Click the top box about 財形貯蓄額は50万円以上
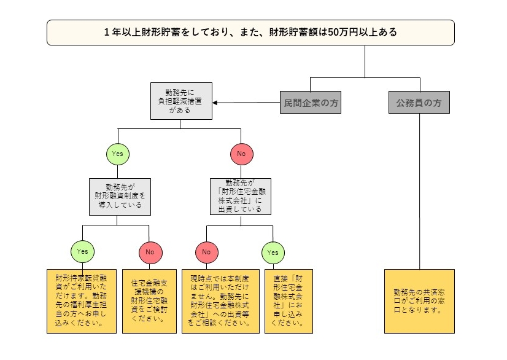(250, 33)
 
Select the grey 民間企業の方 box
(309, 103)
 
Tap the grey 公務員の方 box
(419, 103)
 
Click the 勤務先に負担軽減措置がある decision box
(181, 101)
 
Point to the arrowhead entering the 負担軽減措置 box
(216, 103)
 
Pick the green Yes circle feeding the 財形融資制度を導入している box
(118, 154)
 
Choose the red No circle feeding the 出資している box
(241, 154)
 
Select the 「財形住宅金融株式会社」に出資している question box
(240, 196)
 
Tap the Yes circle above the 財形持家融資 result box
(83, 251)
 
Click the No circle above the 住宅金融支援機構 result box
(150, 251)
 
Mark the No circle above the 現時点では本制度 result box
(207, 251)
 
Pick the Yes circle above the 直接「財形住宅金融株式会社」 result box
(273, 251)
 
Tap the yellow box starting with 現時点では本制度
(220, 300)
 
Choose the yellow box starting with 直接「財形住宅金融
(287, 300)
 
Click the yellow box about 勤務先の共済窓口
(419, 300)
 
